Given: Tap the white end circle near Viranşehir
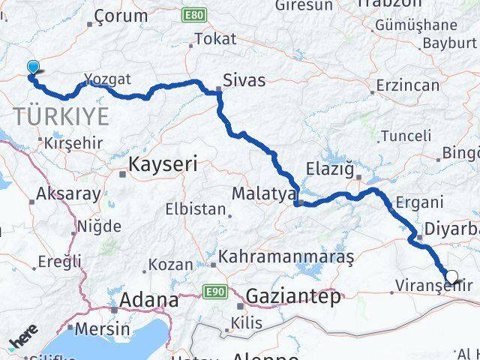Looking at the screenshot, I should coord(451,277).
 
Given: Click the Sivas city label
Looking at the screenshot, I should coord(244,80).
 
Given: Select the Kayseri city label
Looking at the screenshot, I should coord(163,164).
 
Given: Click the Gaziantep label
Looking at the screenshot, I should coord(292,295).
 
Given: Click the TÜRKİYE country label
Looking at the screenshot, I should coord(60,117).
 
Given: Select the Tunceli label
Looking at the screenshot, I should coord(406,136).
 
